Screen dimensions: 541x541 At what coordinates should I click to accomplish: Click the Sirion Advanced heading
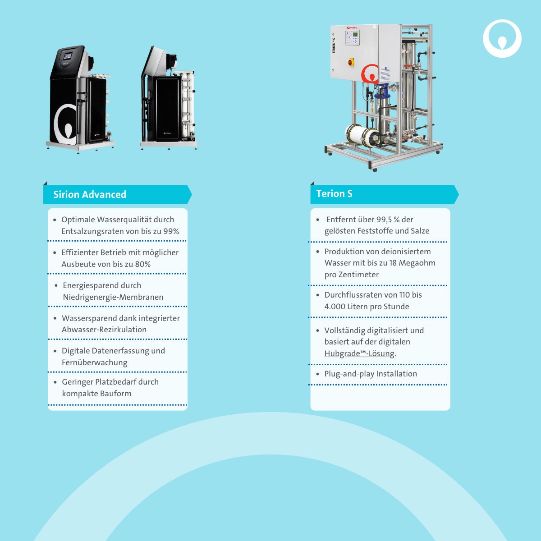[x=90, y=194]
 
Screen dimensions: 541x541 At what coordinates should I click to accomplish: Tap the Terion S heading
[x=334, y=193]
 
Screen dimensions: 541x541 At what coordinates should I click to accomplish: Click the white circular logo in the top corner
[x=502, y=38]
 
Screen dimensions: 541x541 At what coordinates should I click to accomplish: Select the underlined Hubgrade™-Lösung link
[x=359, y=353]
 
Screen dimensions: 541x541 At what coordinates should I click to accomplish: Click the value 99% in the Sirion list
[x=171, y=231]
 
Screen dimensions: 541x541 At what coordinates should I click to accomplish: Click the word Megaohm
[x=417, y=263]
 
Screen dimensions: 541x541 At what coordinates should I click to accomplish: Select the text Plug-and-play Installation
[x=371, y=374]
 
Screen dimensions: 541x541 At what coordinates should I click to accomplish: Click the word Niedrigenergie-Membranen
[x=113, y=297]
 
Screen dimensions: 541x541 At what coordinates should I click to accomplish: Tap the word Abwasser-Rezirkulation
[x=104, y=329]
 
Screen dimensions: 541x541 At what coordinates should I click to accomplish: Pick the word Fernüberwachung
[x=95, y=362]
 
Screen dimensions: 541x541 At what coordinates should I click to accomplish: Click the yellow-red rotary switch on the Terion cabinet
[x=351, y=62]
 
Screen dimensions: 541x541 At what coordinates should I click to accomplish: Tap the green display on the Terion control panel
[x=355, y=35]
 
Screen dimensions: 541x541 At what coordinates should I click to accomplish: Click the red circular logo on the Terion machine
[x=371, y=74]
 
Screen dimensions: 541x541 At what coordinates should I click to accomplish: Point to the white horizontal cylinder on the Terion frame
[x=361, y=135]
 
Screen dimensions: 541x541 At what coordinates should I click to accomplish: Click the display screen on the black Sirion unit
[x=68, y=56]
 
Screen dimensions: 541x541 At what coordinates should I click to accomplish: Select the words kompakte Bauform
[x=96, y=393]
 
